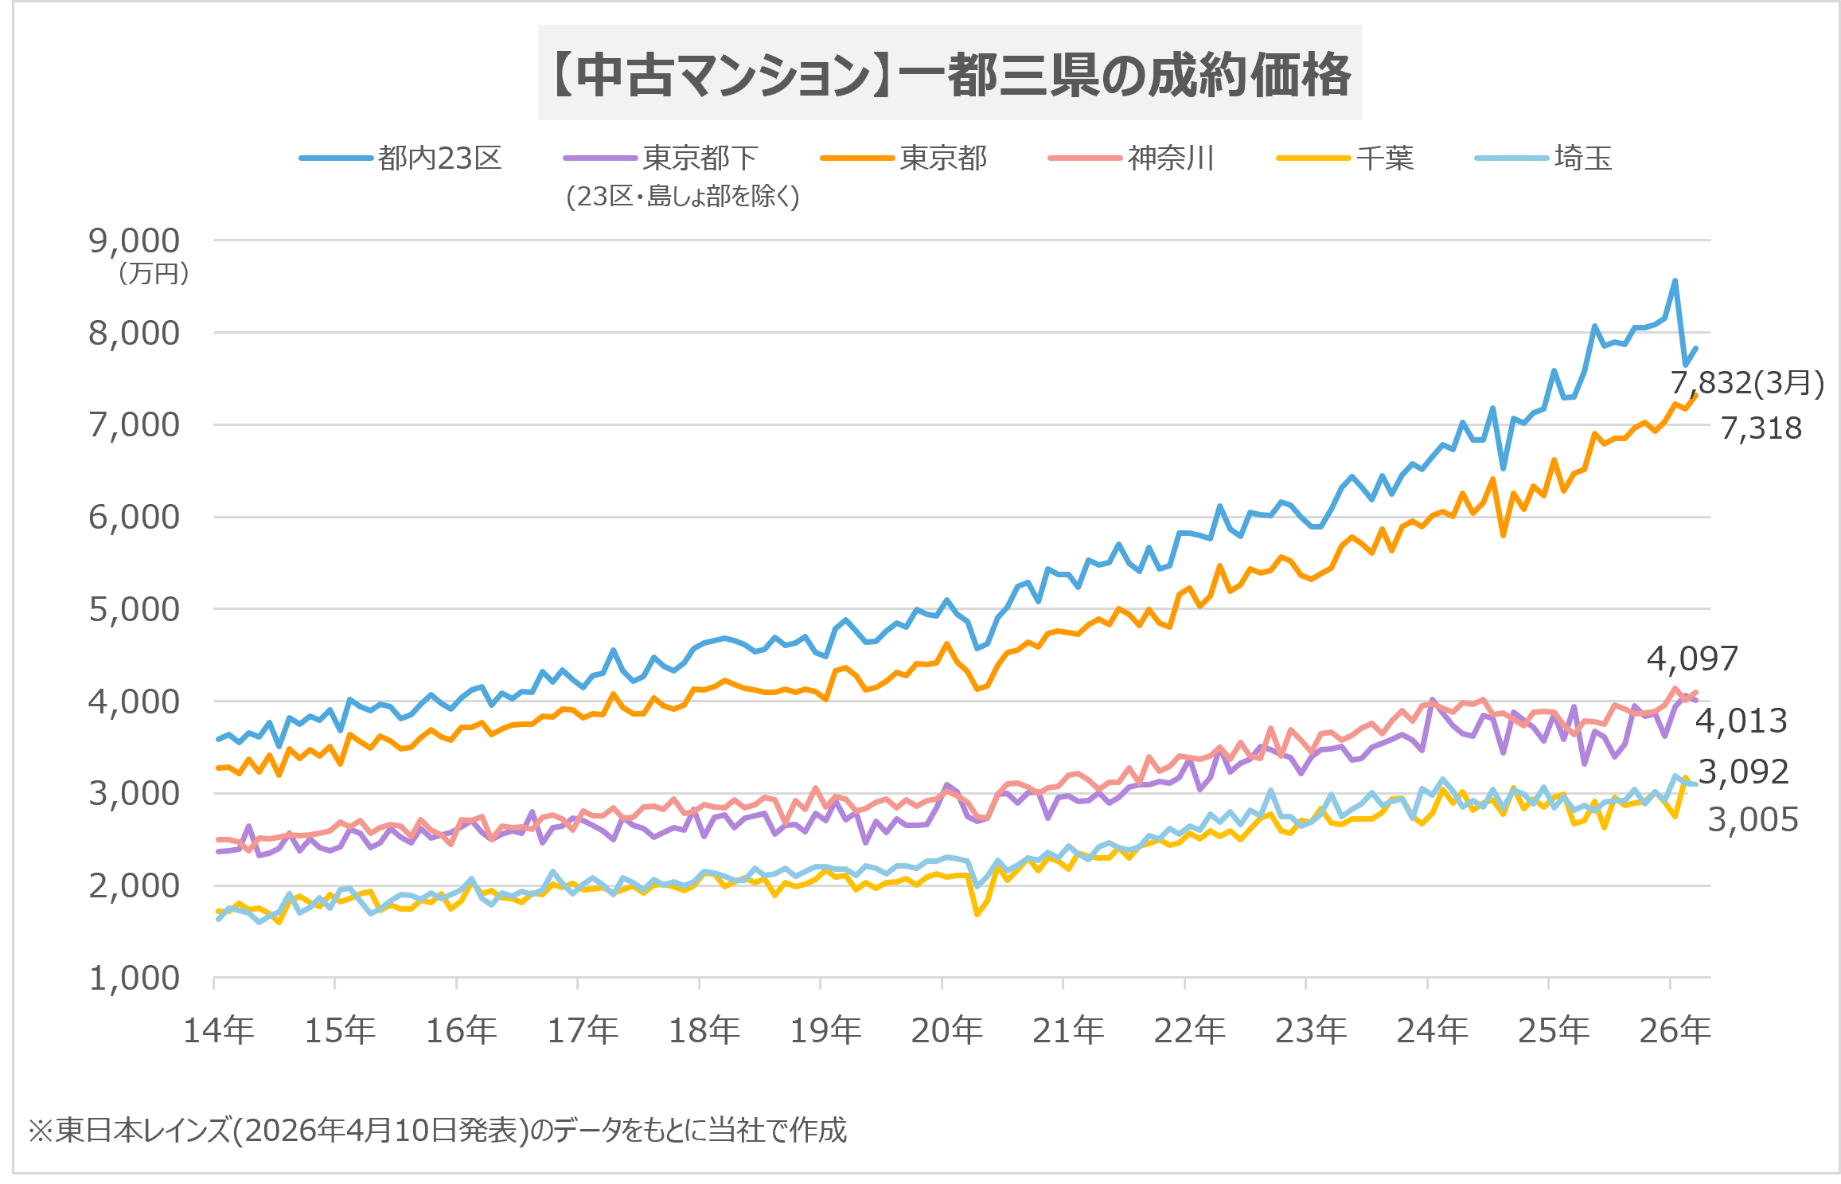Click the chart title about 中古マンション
point(950,74)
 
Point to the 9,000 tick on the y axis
point(135,240)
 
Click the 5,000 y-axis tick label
point(135,609)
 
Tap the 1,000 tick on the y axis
point(135,979)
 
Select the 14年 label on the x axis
point(219,1030)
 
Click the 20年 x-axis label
point(946,1030)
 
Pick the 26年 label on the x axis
point(1675,1030)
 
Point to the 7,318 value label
point(1761,428)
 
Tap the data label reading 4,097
point(1692,658)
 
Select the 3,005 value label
point(1753,819)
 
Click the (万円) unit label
point(154,274)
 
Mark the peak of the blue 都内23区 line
point(1675,280)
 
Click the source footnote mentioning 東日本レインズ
point(438,1130)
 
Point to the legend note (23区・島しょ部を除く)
point(682,196)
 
